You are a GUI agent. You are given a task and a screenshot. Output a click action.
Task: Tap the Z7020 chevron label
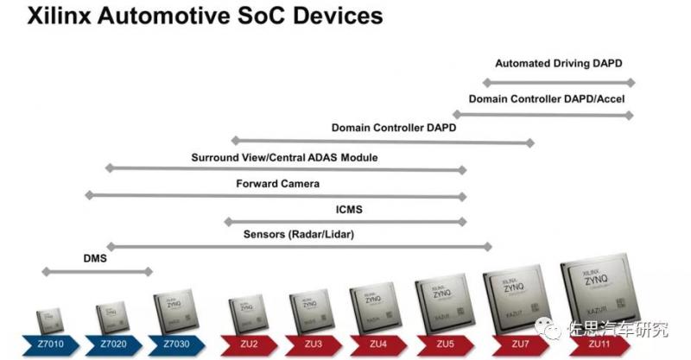point(113,344)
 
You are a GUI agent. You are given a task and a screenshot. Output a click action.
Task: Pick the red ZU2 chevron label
point(250,344)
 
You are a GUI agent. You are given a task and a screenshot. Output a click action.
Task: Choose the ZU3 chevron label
point(313,344)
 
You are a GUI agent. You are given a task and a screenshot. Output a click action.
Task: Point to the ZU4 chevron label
point(377,344)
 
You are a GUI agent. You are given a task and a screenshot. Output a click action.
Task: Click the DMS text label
point(94,257)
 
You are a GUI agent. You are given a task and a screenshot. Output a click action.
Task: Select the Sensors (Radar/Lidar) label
point(298,234)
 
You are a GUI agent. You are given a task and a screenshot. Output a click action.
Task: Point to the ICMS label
point(349,208)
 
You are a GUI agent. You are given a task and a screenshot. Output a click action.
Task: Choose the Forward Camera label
point(277,183)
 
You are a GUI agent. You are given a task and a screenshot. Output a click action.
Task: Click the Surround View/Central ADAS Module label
point(284,157)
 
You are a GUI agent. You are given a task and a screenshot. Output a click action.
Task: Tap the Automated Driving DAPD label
point(558,63)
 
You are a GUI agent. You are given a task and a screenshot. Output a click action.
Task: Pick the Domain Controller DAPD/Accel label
point(547,98)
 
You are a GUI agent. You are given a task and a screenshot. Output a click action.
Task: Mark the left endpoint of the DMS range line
point(44,272)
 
